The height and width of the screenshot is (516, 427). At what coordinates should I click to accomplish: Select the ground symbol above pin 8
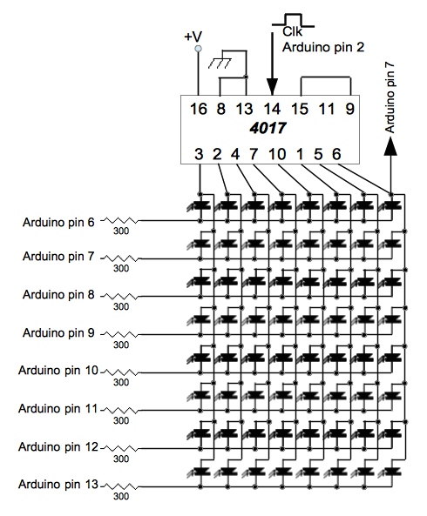(x=227, y=61)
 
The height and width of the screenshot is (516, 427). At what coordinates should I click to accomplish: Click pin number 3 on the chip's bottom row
(x=199, y=154)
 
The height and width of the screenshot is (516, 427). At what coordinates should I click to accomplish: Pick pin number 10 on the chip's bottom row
(x=278, y=154)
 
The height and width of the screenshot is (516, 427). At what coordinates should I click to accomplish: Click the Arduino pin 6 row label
(x=59, y=222)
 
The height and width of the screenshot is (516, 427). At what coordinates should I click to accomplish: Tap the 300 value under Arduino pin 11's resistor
(x=121, y=418)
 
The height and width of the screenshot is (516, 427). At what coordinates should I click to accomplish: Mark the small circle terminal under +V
(x=199, y=50)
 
